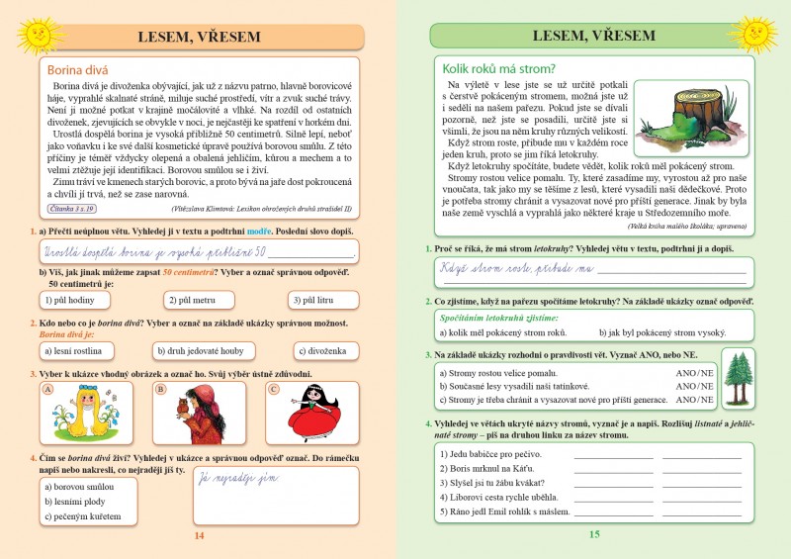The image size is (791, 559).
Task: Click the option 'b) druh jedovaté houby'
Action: point(199,350)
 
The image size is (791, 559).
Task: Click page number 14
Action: point(198,535)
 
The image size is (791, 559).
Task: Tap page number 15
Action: point(593,535)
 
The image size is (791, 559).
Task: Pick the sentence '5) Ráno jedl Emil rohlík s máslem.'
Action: point(503,512)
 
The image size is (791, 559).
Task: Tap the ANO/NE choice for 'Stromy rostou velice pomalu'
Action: point(694,373)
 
